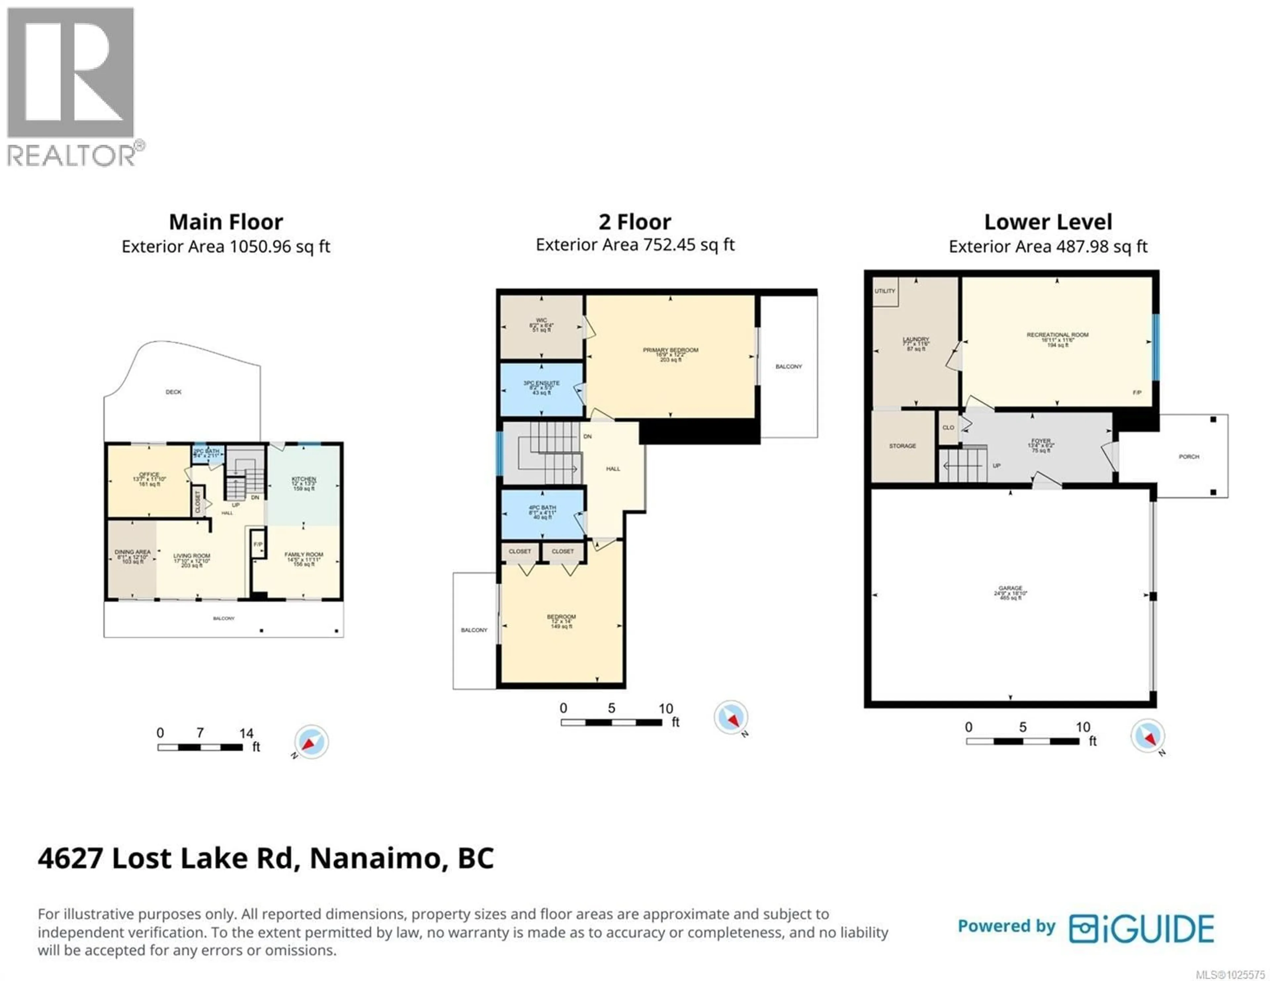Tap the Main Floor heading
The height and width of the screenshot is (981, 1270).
(226, 222)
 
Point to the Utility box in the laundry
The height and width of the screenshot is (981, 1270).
(884, 291)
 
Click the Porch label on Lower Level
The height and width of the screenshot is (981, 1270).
(1189, 457)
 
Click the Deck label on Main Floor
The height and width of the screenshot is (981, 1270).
(173, 392)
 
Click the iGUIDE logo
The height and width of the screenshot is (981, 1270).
(1141, 929)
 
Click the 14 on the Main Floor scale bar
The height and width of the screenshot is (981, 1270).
(246, 733)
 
